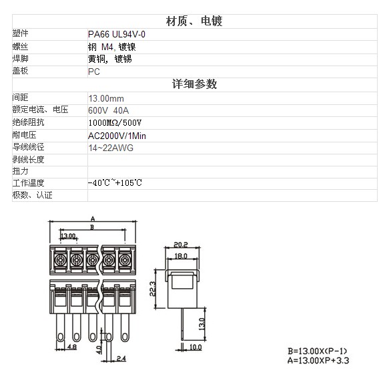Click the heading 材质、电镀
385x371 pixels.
tap(194, 21)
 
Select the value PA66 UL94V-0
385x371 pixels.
tap(117, 34)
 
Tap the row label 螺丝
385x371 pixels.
tap(21, 46)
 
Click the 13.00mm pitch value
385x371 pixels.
tap(106, 98)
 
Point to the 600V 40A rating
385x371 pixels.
tap(109, 110)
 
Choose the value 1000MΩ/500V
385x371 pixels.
tap(115, 122)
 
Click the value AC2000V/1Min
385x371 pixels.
tap(117, 136)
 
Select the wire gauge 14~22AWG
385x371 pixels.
tap(111, 148)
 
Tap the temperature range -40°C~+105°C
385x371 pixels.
tap(115, 182)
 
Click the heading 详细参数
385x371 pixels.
tap(194, 84)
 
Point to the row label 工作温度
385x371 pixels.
tap(28, 182)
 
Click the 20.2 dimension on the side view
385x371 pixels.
tap(181, 245)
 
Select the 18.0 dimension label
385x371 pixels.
tap(181, 256)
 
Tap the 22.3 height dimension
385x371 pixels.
tap(153, 289)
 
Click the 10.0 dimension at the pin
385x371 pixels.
tap(196, 347)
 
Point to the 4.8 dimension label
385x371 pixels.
tap(72, 347)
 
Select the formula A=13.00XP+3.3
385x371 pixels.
tap(318, 360)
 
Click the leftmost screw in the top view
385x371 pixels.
tap(60, 260)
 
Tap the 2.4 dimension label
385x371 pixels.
tap(121, 358)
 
